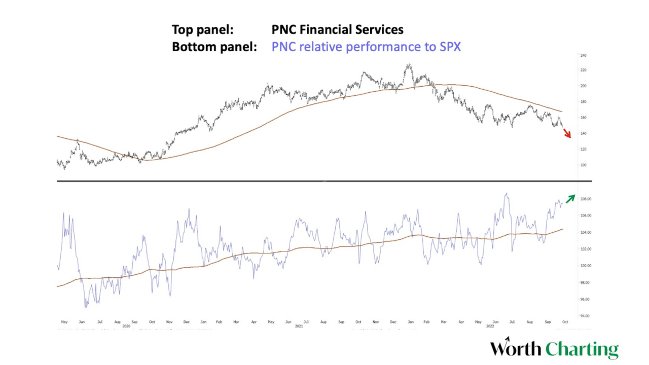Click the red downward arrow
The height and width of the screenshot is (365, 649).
567,133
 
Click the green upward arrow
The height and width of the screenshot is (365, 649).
571,198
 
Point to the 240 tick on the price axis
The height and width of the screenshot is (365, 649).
583,56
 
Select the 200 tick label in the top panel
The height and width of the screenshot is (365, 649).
583,86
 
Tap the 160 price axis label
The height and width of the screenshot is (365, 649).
583,118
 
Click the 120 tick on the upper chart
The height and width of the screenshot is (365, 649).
583,149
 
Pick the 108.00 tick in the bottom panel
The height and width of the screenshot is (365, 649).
585,199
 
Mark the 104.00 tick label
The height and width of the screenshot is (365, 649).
585,232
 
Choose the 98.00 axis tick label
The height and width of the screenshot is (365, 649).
585,282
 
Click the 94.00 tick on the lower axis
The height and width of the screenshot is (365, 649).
585,316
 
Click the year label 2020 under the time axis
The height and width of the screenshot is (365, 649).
126,326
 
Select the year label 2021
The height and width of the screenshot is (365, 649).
299,326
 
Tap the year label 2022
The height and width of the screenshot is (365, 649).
490,326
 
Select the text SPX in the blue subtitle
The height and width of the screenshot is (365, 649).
449,47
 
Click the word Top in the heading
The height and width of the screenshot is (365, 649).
183,30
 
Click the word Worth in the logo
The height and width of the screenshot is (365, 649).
516,349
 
